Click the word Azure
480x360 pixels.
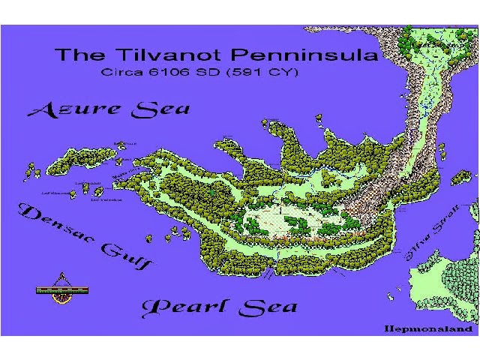click(x=75, y=111)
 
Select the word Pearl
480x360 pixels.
click(x=186, y=307)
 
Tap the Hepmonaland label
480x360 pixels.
click(x=428, y=328)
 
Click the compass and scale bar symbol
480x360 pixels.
click(x=62, y=292)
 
